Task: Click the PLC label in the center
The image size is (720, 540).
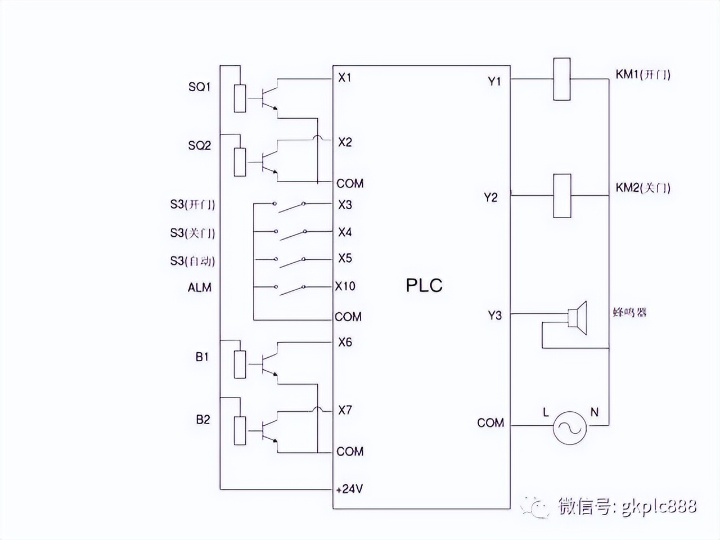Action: (x=424, y=285)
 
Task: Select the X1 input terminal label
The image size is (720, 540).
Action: (x=344, y=77)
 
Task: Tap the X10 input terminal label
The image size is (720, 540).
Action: (x=345, y=286)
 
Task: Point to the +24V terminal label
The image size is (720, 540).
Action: (x=349, y=489)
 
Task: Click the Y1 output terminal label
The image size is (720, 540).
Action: (x=494, y=82)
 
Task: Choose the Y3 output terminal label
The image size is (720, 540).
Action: (x=494, y=316)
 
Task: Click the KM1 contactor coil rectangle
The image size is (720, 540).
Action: (x=561, y=79)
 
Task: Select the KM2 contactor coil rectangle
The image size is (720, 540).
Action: (x=562, y=196)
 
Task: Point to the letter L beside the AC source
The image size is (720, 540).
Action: (x=546, y=412)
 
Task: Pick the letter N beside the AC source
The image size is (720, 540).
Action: (x=594, y=412)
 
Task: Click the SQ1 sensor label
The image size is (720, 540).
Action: (x=199, y=87)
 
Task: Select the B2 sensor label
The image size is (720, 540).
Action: (x=202, y=420)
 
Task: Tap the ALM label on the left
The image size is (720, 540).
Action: (x=199, y=287)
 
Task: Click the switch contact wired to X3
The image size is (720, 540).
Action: (x=290, y=206)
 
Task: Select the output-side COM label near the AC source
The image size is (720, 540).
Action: (x=490, y=423)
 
